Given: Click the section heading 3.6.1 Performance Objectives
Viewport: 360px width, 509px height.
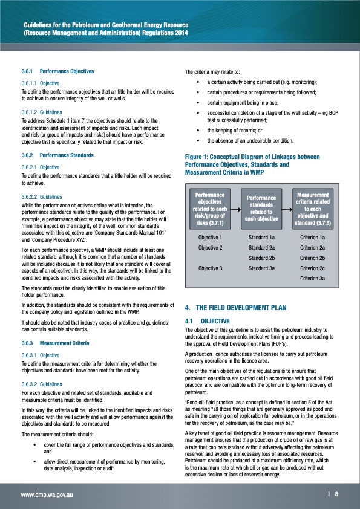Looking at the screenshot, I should (x=57, y=71).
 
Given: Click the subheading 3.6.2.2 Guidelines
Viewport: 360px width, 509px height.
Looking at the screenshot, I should (x=41, y=196).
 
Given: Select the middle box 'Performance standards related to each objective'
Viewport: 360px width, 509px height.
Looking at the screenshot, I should (x=262, y=207).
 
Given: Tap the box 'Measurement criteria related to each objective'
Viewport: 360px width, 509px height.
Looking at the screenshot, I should (x=313, y=207).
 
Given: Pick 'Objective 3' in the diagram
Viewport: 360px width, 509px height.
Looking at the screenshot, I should (x=210, y=267).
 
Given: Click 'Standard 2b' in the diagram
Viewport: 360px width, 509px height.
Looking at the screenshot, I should (x=262, y=258).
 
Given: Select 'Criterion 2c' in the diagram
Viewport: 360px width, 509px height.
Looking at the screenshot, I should (x=313, y=267).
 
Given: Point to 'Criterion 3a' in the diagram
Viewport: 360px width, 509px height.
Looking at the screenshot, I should (x=313, y=277).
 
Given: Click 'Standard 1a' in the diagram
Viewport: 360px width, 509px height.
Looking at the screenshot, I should (x=262, y=238).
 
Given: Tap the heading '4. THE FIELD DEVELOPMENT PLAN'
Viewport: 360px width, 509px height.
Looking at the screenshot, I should (x=235, y=307).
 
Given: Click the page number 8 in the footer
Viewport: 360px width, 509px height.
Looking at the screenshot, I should (x=336, y=494).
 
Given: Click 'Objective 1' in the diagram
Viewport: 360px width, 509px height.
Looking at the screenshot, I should (x=210, y=238).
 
